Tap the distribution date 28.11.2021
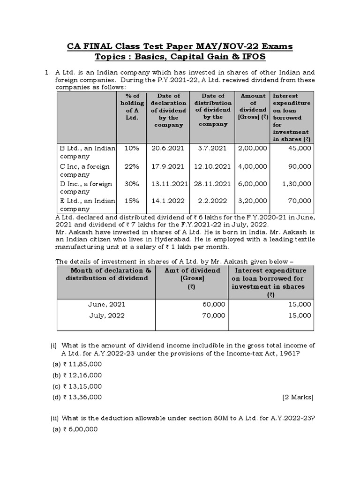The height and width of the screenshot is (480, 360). (x=212, y=183)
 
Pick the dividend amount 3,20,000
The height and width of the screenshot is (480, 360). (x=252, y=201)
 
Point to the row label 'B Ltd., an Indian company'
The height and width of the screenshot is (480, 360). (x=87, y=152)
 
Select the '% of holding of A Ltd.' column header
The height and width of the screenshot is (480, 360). (x=129, y=106)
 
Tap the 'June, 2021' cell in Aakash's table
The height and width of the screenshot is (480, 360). (x=106, y=304)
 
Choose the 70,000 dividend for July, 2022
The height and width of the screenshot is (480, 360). (x=214, y=315)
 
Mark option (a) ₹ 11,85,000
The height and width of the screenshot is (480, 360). (x=77, y=364)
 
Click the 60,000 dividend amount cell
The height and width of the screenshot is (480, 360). (x=214, y=304)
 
